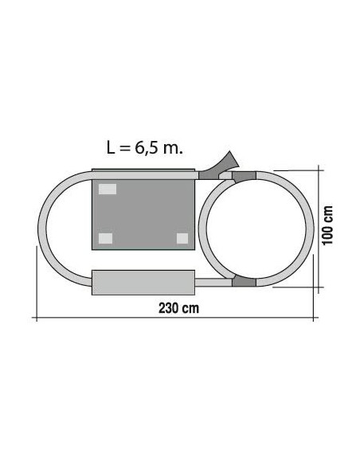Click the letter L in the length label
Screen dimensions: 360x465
point(111,147)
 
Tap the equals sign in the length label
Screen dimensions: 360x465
point(124,148)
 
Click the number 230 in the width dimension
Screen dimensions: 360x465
point(168,308)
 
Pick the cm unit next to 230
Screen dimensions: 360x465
point(190,309)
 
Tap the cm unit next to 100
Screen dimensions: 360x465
point(328,213)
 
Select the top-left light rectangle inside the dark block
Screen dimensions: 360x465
point(108,189)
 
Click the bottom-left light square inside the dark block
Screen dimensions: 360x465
point(106,238)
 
